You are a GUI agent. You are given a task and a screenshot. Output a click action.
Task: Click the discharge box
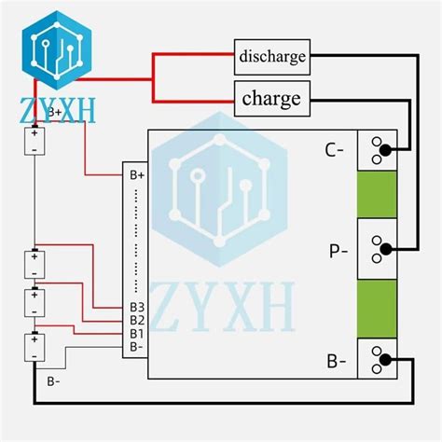(272, 57)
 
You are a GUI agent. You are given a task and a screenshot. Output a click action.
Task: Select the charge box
(272, 99)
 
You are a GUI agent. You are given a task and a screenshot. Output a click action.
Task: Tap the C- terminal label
(334, 150)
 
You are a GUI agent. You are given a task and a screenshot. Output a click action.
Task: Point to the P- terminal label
(338, 251)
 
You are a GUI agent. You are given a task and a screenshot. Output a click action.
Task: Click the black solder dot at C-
(385, 150)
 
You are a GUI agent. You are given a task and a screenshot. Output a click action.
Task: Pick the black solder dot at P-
(386, 249)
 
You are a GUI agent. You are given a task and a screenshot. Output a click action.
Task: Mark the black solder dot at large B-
(385, 360)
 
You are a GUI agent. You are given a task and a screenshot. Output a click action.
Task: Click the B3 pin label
(137, 307)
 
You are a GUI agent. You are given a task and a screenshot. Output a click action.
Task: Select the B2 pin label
(137, 320)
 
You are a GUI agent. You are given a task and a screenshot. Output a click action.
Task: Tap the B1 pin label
(137, 334)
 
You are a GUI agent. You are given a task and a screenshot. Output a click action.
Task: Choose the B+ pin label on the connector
(137, 175)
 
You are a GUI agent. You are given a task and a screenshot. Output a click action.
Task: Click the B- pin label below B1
(136, 347)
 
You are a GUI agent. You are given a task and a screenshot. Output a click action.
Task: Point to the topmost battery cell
(35, 141)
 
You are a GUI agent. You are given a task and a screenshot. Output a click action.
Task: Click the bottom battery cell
(35, 348)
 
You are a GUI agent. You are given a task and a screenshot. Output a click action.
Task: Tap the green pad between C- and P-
(377, 194)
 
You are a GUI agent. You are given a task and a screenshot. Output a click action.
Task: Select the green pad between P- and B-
(377, 309)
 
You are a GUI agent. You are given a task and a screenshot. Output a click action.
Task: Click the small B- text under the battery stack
(53, 381)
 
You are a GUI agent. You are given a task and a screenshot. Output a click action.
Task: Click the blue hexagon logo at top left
(57, 50)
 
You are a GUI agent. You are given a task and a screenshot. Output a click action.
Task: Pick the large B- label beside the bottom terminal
(337, 362)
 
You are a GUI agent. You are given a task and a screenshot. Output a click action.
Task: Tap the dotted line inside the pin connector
(136, 241)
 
